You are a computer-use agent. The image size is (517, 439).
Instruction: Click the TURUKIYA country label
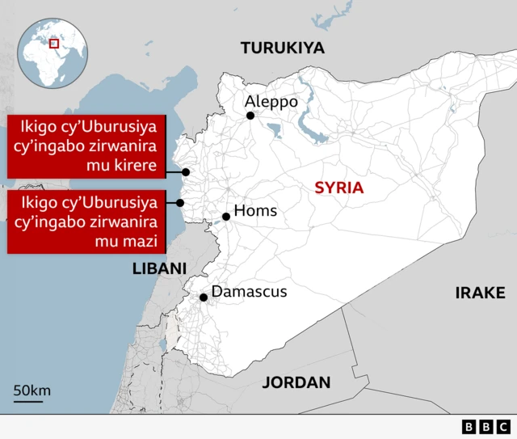(283, 49)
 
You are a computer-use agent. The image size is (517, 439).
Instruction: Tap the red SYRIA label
(338, 188)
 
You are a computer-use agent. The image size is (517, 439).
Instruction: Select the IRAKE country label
(480, 293)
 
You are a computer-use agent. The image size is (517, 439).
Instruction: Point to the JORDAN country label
(296, 382)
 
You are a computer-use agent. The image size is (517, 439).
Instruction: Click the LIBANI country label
(159, 268)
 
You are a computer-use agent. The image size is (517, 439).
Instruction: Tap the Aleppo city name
(271, 102)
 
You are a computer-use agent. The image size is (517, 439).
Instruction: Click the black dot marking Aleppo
(250, 116)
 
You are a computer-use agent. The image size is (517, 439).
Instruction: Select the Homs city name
(255, 211)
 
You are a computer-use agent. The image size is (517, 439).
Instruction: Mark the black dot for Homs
(226, 217)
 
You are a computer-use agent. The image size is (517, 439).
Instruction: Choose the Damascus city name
(249, 292)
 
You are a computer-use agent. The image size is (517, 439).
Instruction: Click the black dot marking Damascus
(204, 298)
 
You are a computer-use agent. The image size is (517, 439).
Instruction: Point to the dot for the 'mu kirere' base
(186, 172)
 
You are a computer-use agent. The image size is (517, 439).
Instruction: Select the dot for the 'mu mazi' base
(181, 203)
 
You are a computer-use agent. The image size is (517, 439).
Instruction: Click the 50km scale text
(32, 390)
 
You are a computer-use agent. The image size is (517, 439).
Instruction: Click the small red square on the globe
(54, 44)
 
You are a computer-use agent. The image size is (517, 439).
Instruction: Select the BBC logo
(486, 426)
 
